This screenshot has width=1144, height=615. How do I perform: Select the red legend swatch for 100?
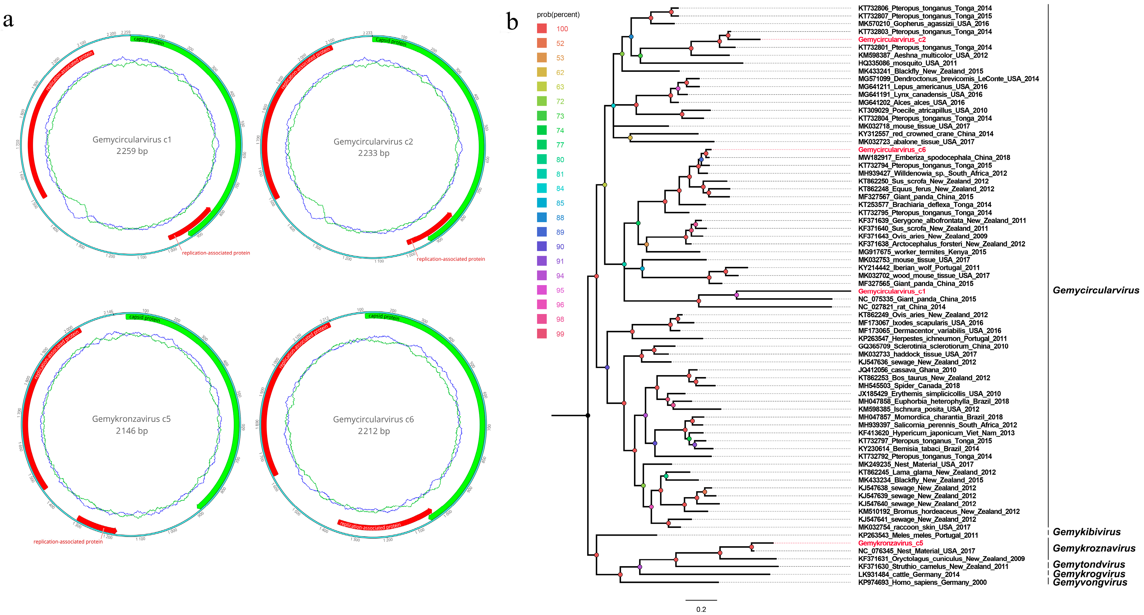click(x=542, y=29)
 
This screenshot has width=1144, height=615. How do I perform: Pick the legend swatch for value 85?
click(x=542, y=203)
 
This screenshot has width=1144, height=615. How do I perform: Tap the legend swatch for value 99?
click(x=542, y=334)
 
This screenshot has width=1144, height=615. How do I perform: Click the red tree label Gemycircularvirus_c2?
click(x=892, y=39)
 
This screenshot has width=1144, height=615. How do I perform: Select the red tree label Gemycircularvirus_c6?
click(x=892, y=150)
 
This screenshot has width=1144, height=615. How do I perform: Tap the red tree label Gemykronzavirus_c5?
click(x=890, y=543)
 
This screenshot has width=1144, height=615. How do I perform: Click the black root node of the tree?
click(x=587, y=415)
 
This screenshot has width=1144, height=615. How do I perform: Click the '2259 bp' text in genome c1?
click(x=132, y=151)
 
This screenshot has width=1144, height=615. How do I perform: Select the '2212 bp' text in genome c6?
click(x=373, y=431)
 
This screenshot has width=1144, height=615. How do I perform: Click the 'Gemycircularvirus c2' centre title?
click(x=373, y=142)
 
